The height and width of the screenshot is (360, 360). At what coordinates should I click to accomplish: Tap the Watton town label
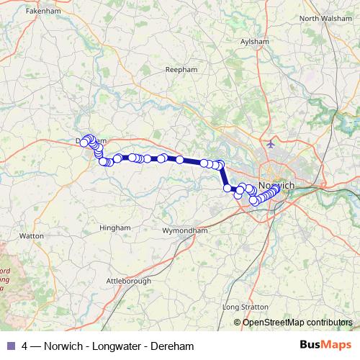[32, 235]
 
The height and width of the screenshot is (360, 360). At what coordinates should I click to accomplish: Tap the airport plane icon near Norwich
[271, 143]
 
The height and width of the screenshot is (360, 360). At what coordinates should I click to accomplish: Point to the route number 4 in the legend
[25, 346]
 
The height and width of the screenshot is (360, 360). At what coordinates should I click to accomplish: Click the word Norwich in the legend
[65, 346]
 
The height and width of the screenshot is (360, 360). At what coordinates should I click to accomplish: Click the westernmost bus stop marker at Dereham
[84, 143]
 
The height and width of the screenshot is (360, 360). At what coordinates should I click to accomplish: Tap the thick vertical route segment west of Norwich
[223, 177]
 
